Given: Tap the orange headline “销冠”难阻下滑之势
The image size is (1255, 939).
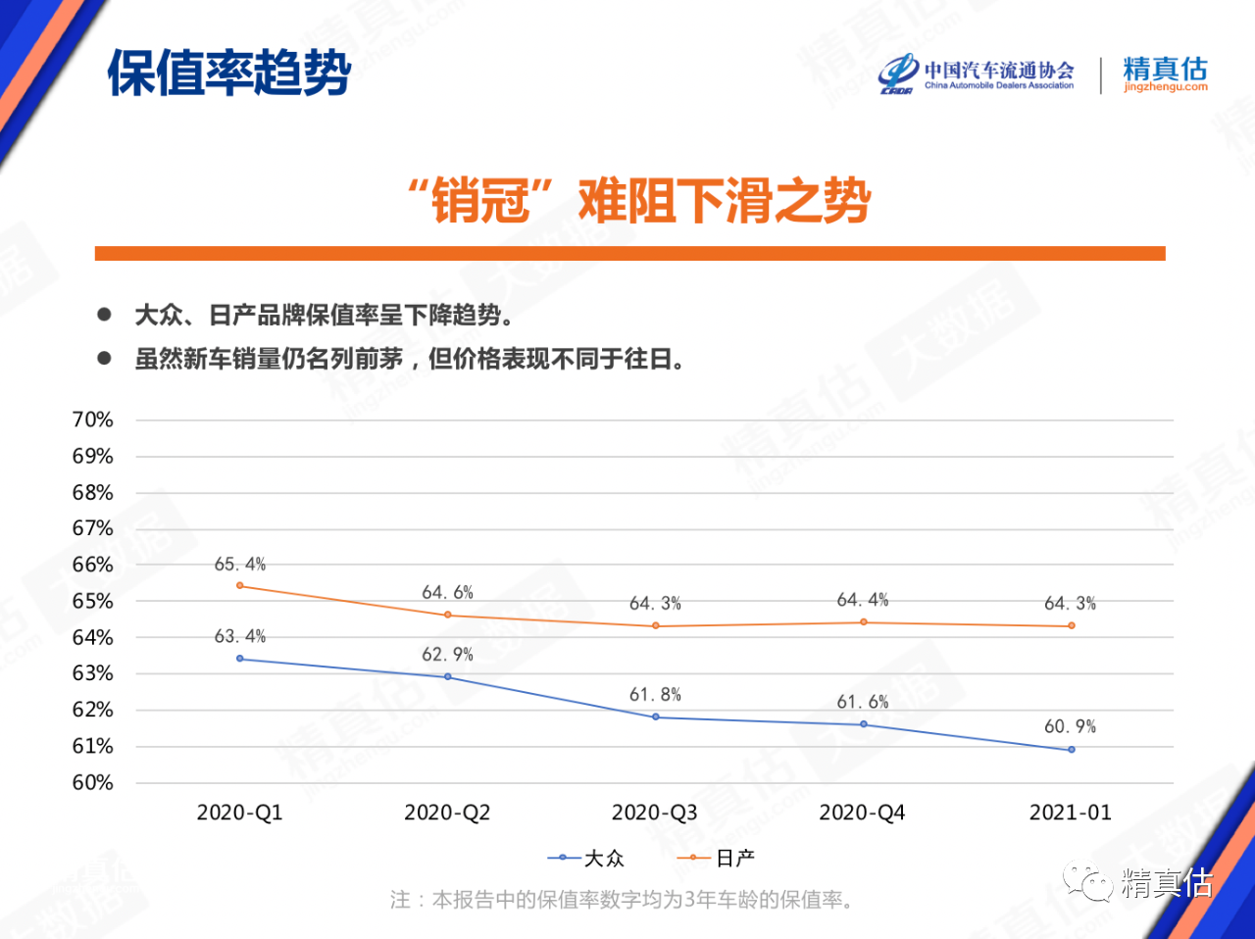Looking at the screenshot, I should (639, 201).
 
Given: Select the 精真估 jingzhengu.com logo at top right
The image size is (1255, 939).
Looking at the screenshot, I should (1165, 74).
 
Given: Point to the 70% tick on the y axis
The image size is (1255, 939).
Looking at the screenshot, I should (93, 420).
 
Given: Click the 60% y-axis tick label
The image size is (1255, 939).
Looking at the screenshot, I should (93, 782).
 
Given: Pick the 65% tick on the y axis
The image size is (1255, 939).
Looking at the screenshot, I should (93, 601).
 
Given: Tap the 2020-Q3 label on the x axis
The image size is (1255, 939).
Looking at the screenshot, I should (655, 813).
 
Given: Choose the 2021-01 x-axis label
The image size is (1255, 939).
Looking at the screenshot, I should (1071, 813).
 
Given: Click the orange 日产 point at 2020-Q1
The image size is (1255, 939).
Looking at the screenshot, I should (240, 586).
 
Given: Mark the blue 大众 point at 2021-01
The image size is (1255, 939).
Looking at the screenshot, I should (1072, 750).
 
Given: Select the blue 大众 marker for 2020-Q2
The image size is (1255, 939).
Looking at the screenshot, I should (448, 677).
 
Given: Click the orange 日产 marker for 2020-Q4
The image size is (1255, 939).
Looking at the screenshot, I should (864, 622).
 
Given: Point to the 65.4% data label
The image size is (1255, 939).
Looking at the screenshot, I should (240, 565).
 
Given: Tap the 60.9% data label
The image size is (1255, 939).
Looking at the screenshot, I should (1070, 726).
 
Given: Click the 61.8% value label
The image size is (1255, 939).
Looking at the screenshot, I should (655, 695).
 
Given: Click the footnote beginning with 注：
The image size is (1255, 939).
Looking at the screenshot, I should (621, 900).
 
